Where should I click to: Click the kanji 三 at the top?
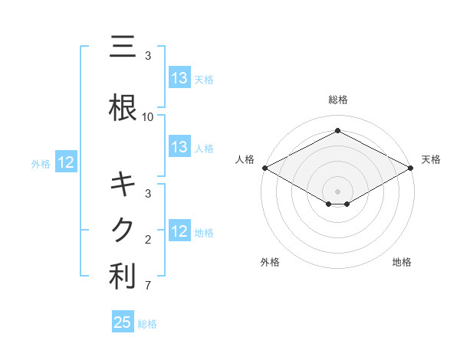coord(123,47)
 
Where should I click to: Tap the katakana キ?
coord(123,185)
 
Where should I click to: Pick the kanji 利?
coord(123,277)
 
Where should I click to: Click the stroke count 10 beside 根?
coord(148,117)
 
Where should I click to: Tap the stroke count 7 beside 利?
coord(148,286)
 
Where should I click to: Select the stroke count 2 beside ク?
coord(148,240)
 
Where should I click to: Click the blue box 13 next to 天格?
coord(179,78)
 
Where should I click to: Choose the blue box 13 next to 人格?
coord(179,147)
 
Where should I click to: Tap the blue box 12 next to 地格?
coord(179,231)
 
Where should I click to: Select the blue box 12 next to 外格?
coord(65,162)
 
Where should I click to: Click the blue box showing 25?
coord(123,322)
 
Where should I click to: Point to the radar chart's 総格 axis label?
coord(338,100)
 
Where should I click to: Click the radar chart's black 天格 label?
coord(431,159)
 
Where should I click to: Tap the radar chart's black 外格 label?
coord(270,262)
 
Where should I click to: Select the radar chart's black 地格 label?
coord(402,262)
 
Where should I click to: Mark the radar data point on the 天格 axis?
coord(412,168)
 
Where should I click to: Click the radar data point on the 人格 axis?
coord(264,168)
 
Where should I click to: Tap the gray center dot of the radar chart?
coord(338,191)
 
